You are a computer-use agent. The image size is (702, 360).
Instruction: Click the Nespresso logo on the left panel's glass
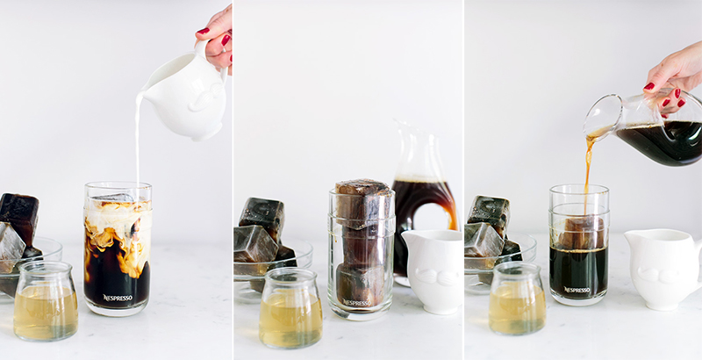118,298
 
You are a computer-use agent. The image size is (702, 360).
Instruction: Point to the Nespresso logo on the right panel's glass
577,290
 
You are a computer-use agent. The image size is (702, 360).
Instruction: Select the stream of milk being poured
138,139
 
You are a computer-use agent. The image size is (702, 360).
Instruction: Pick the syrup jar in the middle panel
290,308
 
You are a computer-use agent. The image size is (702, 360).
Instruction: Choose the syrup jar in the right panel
518,299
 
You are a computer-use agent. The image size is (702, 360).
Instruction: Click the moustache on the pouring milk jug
207,97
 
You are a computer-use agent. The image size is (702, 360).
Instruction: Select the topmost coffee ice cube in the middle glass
362,204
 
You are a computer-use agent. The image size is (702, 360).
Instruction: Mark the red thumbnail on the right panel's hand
649,86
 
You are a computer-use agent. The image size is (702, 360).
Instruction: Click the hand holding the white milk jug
217,38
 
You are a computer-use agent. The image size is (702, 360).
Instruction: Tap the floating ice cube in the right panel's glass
581,232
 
